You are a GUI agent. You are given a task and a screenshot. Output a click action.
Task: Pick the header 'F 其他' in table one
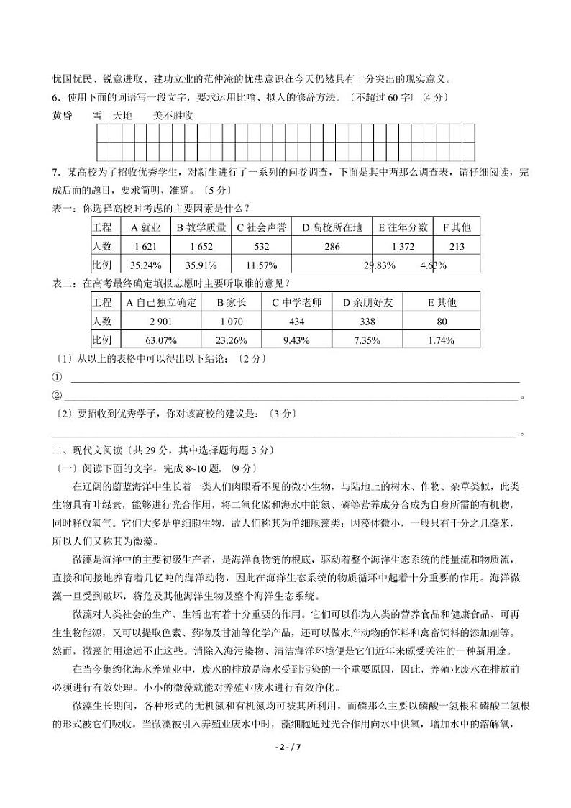456,227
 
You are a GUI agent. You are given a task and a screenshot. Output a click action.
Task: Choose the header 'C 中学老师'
296,302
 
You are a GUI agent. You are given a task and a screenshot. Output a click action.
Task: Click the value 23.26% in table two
231,340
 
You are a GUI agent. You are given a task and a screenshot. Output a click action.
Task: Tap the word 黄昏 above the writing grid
63,115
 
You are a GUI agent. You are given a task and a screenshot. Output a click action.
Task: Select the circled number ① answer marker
58,376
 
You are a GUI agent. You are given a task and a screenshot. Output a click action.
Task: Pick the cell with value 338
367,321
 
